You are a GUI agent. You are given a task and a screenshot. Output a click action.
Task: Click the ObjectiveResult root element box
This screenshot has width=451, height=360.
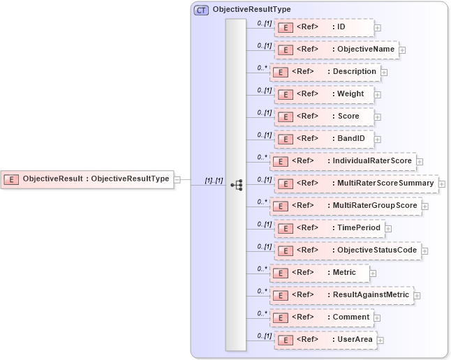87,179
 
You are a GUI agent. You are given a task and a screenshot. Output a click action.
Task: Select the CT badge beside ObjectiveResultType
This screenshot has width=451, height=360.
201,10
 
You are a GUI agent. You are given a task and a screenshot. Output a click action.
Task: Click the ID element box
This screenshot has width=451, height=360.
323,27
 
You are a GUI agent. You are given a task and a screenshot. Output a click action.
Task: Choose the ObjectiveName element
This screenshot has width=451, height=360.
335,50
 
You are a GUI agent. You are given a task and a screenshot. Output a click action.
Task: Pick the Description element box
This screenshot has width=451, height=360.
325,72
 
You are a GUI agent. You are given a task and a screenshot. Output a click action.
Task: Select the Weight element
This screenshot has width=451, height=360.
325,94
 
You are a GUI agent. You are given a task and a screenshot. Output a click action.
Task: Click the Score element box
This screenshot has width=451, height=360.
323,117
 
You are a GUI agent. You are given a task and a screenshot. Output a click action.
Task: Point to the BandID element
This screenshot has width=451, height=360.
323,139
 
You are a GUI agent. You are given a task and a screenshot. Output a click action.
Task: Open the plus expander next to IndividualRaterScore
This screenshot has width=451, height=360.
420,161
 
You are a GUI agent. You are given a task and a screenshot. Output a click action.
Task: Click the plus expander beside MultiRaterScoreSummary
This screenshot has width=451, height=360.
442,183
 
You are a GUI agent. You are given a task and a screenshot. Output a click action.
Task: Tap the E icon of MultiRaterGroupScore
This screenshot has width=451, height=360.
280,207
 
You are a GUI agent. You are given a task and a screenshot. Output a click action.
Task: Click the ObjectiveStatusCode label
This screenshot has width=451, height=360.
377,250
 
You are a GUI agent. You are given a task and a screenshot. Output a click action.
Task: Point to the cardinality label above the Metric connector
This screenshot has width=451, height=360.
263,269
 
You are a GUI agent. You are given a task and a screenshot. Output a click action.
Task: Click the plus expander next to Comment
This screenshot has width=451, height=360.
378,318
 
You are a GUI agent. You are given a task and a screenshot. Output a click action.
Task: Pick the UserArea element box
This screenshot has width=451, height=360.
325,340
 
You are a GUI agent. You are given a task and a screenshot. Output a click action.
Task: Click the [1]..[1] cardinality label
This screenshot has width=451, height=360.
214,181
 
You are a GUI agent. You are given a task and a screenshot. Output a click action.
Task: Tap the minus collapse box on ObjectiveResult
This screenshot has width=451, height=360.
177,179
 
